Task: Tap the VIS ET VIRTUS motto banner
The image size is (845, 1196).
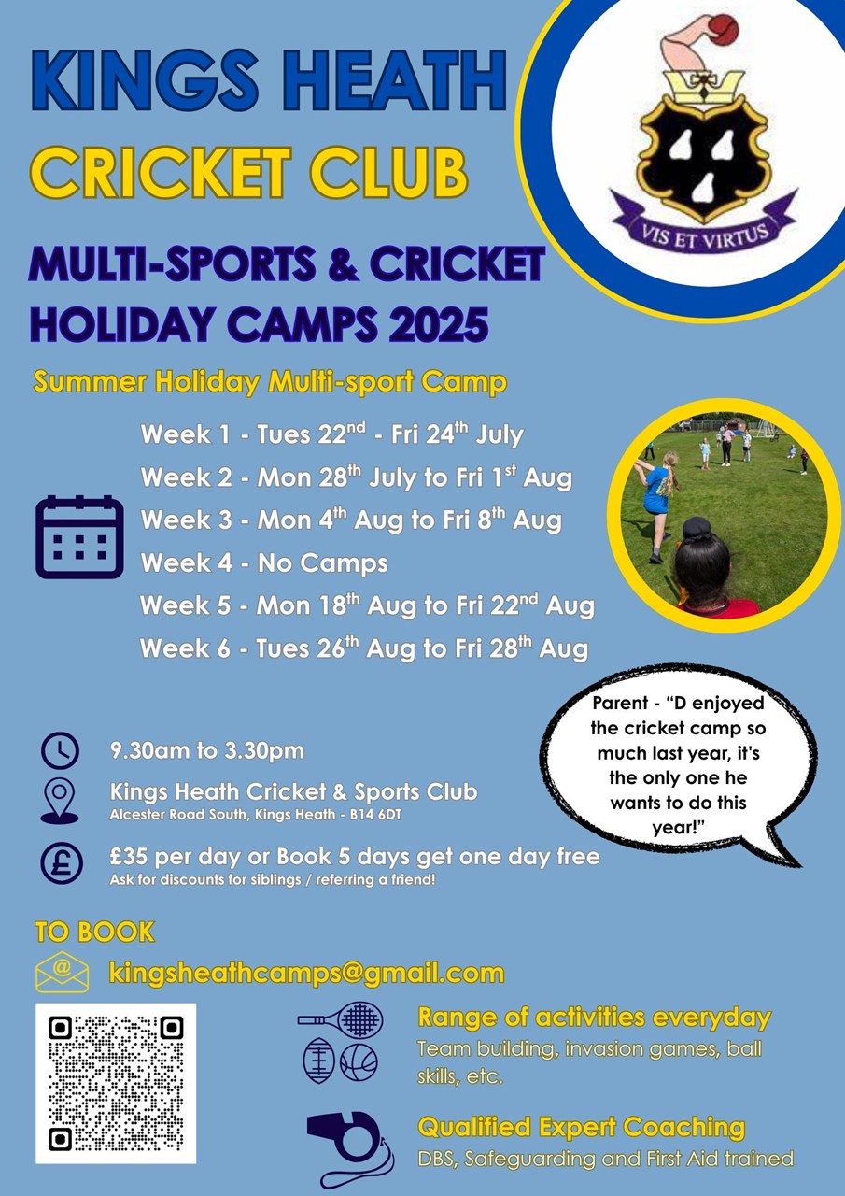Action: coord(704,224)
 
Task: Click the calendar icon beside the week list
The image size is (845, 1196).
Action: coord(79,536)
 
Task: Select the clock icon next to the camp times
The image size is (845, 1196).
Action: coord(61,750)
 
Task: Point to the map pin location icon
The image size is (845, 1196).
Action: coord(60,801)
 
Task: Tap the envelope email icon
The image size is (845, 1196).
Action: coord(62,972)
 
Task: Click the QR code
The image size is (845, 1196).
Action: coord(116,1083)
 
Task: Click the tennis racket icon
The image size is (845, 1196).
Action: coord(340,1018)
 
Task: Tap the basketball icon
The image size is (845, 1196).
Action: coord(359,1062)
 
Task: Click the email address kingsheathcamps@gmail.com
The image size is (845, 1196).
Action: coord(306,973)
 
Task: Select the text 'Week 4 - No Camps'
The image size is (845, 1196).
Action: coord(264,562)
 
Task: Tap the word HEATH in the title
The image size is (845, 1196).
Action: coord(399,80)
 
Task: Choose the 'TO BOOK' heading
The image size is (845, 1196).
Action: coord(94,932)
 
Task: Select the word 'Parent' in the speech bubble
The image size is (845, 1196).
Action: coord(620,703)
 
